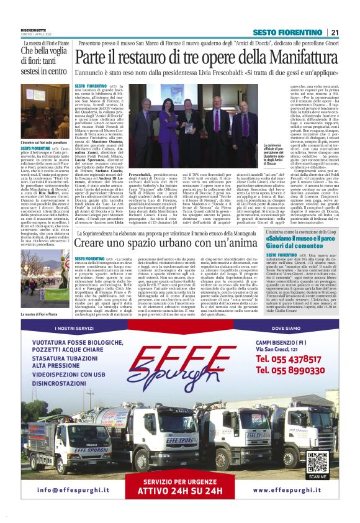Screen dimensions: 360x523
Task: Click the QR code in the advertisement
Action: pyautogui.click(x=317, y=462)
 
